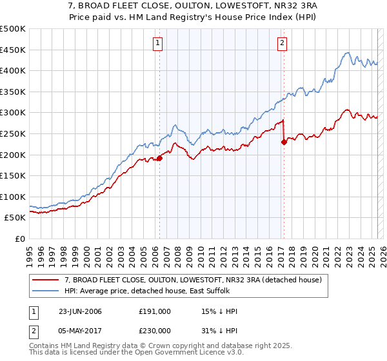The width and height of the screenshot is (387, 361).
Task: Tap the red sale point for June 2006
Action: [159, 158]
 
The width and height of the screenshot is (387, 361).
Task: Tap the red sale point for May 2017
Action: [284, 142]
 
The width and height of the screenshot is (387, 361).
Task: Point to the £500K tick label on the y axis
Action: [13, 29]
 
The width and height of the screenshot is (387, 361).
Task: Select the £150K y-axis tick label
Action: [13, 175]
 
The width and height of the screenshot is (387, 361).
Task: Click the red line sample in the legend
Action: [45, 280]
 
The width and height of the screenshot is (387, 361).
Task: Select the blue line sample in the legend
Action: [45, 291]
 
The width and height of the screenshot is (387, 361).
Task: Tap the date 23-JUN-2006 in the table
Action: [80, 311]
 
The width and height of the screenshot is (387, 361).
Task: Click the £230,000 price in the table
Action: [155, 330]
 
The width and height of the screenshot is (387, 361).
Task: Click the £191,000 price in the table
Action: [155, 311]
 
